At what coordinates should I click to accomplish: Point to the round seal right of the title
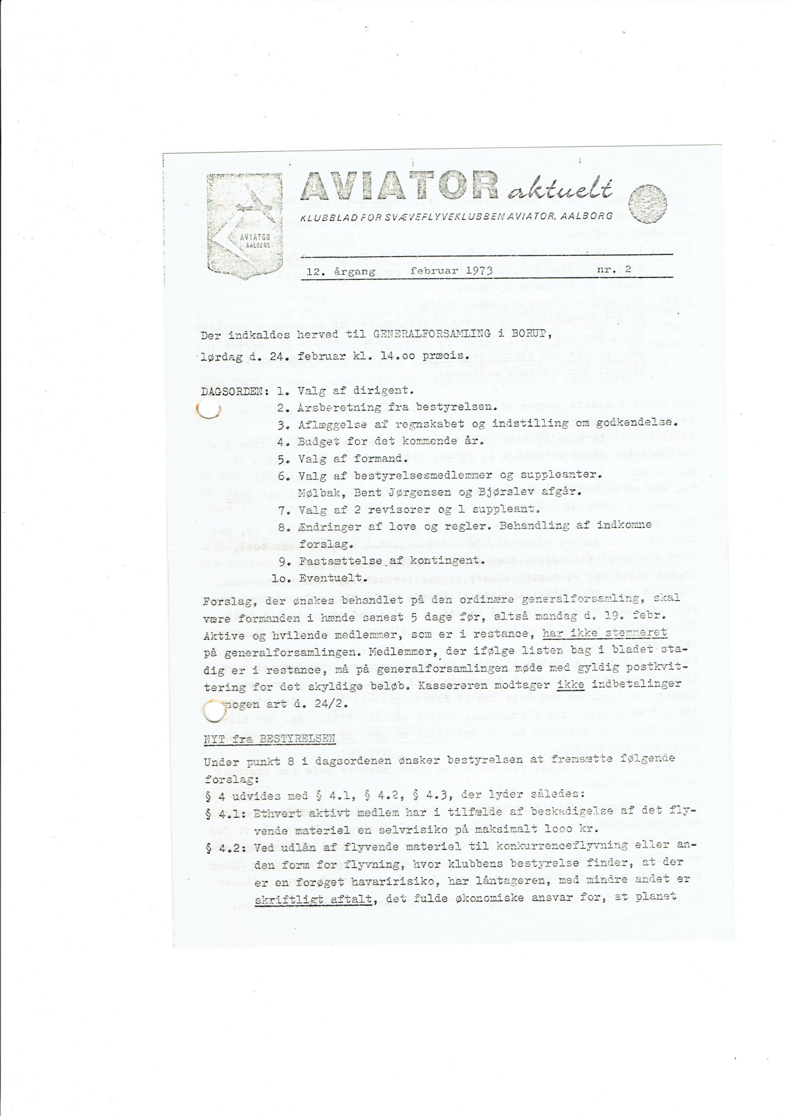click(x=648, y=204)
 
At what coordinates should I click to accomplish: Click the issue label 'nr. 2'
click(x=614, y=270)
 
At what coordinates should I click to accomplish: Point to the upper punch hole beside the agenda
click(x=208, y=409)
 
